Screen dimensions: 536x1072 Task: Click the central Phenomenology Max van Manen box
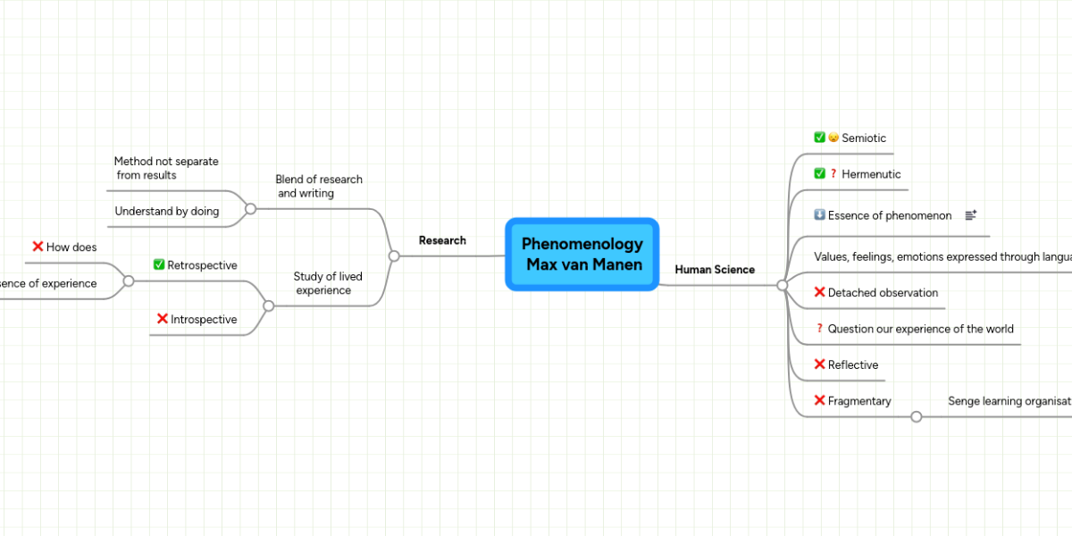(582, 255)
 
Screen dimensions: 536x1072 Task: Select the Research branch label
(442, 240)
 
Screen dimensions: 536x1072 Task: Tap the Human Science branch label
(714, 269)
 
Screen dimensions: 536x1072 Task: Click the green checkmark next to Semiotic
(819, 138)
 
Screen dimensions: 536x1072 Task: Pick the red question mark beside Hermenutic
(833, 174)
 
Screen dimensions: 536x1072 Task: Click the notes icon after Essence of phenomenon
(971, 215)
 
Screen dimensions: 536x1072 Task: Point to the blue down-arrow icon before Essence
(819, 215)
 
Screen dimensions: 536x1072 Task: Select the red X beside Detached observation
(819, 292)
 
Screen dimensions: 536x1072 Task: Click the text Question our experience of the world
(920, 329)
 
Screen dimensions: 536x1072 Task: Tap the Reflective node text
(852, 364)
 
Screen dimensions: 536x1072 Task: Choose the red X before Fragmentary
(819, 401)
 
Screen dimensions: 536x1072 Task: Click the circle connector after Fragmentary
(916, 416)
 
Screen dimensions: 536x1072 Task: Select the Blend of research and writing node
(318, 186)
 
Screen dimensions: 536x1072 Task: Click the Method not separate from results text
(166, 168)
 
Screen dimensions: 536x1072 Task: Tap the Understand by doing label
(166, 212)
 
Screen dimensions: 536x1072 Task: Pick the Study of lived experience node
(327, 283)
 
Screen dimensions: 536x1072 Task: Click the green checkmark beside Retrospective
(159, 264)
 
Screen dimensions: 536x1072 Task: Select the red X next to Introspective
(163, 319)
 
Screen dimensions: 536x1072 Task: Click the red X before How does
(38, 247)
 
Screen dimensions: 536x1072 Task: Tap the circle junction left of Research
(394, 255)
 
